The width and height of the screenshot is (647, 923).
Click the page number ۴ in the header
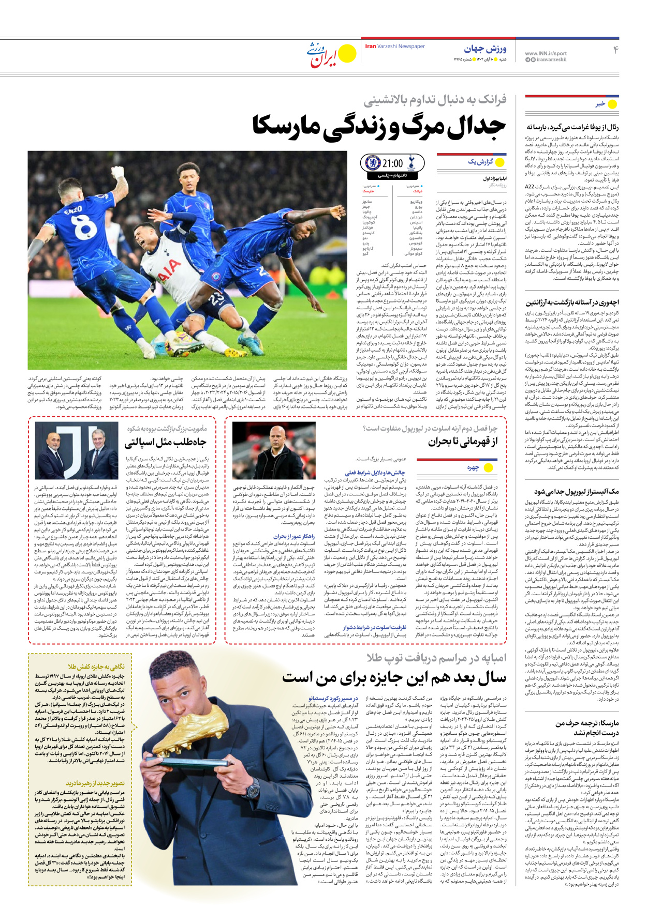[616, 50]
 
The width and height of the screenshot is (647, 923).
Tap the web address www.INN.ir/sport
[546, 53]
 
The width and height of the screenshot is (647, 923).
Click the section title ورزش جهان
[485, 49]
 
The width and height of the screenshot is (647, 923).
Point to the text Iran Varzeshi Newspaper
[395, 47]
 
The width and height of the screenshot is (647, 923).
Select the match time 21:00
[392, 164]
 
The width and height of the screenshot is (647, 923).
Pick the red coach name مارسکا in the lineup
[368, 191]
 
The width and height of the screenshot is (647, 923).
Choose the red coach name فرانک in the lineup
[418, 191]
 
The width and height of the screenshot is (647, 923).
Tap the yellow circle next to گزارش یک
[500, 162]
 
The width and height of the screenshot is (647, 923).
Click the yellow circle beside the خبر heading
[612, 104]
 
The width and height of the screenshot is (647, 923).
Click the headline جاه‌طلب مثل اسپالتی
[166, 442]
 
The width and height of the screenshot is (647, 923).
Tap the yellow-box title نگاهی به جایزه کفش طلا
[96, 667]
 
